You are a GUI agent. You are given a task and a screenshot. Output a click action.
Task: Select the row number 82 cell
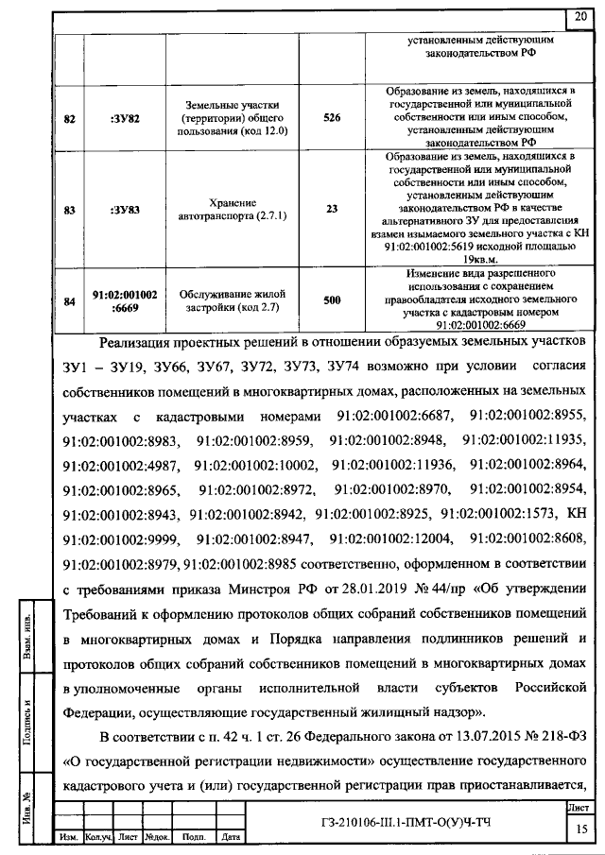69,119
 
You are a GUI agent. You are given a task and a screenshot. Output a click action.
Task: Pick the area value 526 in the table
331,119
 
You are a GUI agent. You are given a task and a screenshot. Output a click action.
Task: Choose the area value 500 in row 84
331,299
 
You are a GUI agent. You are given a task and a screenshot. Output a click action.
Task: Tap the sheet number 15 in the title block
579,829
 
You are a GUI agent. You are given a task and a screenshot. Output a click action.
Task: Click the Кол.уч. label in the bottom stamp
98,837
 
